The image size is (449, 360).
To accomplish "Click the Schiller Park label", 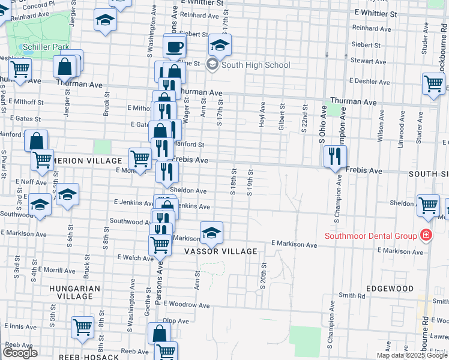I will point(44,47).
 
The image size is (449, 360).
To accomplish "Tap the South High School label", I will point(256,65).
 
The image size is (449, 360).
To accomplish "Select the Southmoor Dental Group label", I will point(370,235).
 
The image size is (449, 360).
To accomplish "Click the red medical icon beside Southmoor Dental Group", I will point(426,235).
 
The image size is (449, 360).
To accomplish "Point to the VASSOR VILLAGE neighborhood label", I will point(220,251).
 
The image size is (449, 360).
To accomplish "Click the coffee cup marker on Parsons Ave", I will point(175,46).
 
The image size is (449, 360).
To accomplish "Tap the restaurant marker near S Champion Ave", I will point(335,157).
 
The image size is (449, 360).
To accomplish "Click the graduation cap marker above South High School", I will point(220,44).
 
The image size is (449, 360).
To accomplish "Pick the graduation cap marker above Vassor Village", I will point(211,233).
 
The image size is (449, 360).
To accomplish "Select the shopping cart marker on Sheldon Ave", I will point(429,205).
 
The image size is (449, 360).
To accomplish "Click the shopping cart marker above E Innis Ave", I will point(83,327).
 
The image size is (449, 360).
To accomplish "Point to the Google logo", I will point(20,353).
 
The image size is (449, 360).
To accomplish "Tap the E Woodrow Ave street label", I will point(185,305).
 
